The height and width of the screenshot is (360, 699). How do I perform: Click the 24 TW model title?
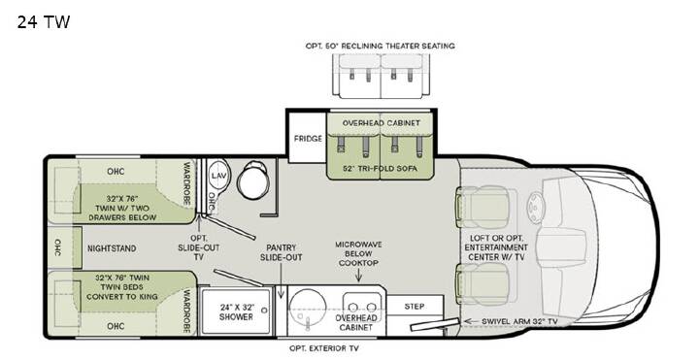[x=44, y=21]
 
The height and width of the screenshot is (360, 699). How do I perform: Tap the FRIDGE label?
[x=308, y=139]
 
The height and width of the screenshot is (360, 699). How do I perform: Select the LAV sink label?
[x=218, y=176]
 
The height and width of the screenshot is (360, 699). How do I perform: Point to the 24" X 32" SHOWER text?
[x=236, y=311]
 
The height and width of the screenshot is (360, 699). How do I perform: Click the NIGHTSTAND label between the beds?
[x=112, y=248]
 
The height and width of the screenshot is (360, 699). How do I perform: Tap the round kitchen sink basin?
[x=308, y=308]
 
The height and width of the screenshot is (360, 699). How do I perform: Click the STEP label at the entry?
[x=415, y=307]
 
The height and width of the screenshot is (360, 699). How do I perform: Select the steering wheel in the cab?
[x=534, y=208]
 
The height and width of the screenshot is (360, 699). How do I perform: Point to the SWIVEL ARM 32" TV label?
[x=519, y=321]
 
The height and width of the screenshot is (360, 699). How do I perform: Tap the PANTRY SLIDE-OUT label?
[x=282, y=252]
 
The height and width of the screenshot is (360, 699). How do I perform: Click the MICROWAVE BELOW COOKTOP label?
[x=358, y=253]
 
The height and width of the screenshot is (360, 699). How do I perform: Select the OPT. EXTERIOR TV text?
[x=324, y=348]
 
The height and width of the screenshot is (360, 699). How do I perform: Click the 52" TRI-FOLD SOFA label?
[x=381, y=169]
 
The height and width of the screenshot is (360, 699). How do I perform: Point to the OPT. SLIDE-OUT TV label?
[x=199, y=247]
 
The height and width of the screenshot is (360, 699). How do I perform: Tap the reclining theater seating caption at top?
[x=381, y=46]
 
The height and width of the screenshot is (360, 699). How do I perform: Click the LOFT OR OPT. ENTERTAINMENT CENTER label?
[x=496, y=247]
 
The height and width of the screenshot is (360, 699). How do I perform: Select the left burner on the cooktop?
[x=353, y=307]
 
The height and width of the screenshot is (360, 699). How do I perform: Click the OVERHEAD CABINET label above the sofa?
[x=382, y=122]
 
